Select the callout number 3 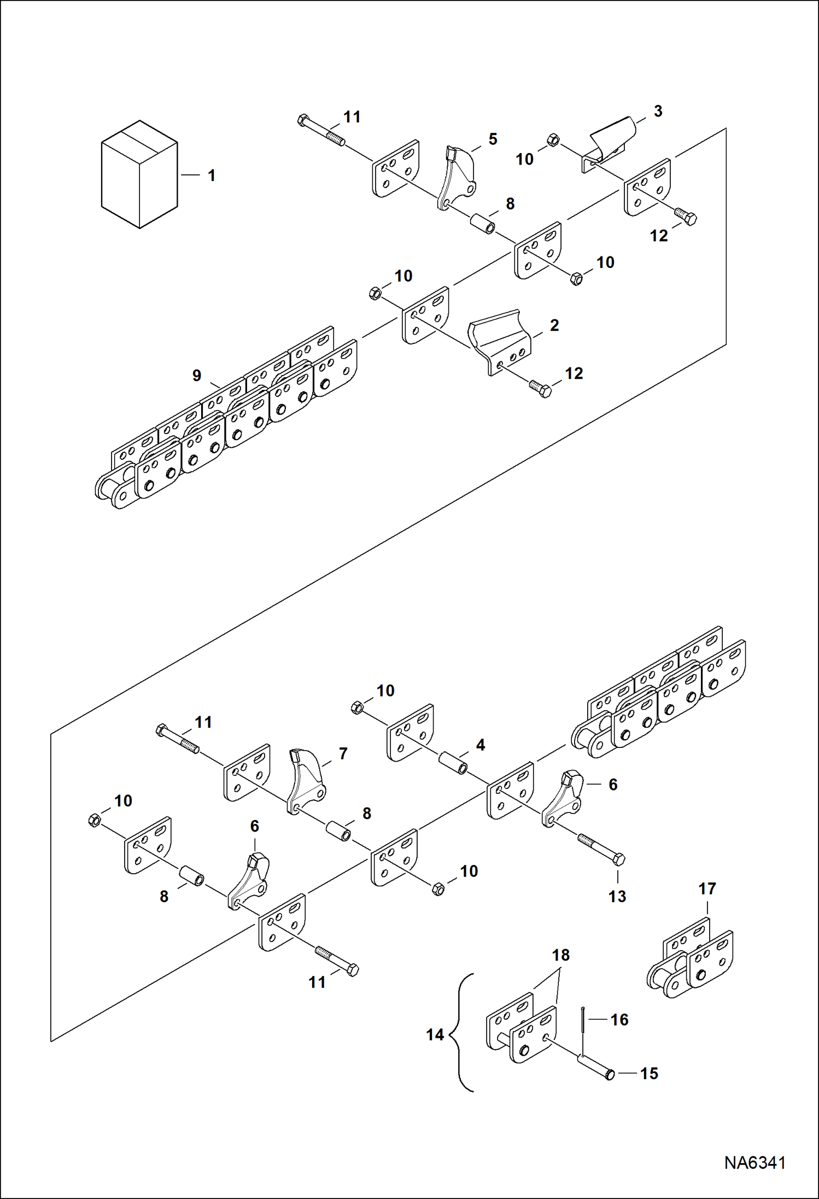tap(658, 111)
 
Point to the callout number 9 tap(197, 376)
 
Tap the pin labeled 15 tap(595, 1067)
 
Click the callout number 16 tap(619, 1019)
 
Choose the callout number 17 tap(707, 888)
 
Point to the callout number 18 tap(560, 955)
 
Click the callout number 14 tap(435, 1034)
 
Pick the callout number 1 tap(212, 176)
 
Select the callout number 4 tap(480, 745)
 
